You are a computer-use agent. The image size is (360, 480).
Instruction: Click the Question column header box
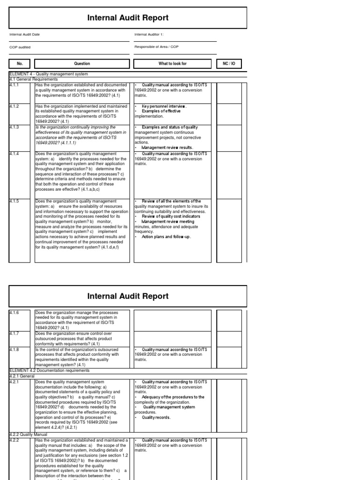(82, 64)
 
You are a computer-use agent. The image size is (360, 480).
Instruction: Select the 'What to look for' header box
(172, 64)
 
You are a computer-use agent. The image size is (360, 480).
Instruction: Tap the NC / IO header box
(230, 64)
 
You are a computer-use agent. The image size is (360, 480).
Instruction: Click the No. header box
(20, 64)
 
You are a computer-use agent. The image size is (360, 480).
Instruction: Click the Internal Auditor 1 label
(149, 34)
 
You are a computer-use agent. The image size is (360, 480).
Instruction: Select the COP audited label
(18, 47)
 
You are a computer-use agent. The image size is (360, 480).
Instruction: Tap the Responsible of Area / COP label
(156, 47)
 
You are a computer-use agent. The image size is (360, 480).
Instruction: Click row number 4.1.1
(14, 85)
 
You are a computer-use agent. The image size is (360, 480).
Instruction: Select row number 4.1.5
(14, 202)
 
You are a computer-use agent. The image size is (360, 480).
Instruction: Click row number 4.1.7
(14, 333)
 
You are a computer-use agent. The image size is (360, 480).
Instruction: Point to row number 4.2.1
(14, 382)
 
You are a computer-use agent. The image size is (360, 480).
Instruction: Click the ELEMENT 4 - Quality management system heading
(48, 74)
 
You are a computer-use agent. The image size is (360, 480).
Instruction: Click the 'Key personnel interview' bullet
(164, 106)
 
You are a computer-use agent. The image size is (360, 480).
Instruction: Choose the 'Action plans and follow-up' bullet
(166, 237)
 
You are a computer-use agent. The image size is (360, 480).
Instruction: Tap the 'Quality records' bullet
(156, 417)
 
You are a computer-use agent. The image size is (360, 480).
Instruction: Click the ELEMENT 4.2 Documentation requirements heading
(49, 370)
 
